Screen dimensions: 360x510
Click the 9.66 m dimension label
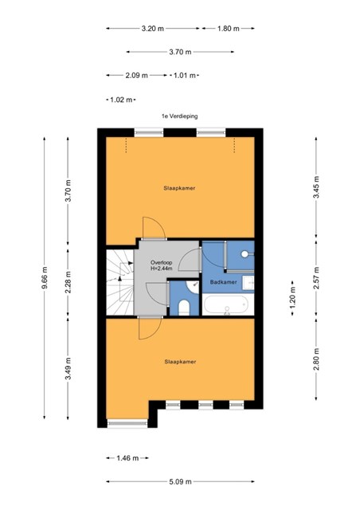[45, 277]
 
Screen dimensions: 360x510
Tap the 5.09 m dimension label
[180, 481]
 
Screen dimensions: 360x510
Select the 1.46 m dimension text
[127, 458]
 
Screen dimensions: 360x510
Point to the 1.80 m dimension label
[229, 29]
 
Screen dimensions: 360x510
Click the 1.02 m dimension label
[121, 100]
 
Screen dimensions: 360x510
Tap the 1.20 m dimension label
[292, 298]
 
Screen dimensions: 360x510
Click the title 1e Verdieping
[180, 116]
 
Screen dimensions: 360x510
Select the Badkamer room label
[224, 282]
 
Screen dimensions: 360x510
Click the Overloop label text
[162, 262]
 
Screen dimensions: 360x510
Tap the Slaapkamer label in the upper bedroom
[179, 188]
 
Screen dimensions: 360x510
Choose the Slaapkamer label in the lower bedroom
[180, 362]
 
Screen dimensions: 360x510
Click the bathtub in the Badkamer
[226, 304]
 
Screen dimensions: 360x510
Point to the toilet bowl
[184, 308]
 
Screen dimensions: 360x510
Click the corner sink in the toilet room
[193, 287]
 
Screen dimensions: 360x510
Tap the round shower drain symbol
[245, 254]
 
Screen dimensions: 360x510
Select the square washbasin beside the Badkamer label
[248, 282]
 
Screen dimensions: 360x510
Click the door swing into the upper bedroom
[155, 228]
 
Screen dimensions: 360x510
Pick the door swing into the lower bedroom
[150, 328]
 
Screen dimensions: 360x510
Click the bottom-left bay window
[127, 423]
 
